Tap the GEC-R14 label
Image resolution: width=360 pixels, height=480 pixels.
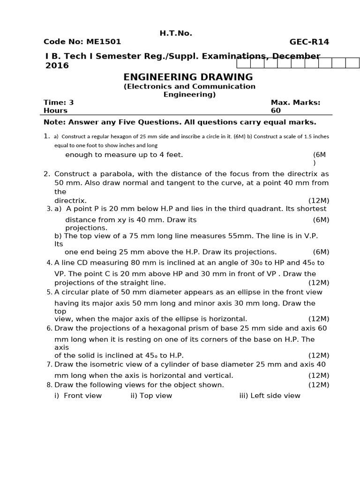(309, 42)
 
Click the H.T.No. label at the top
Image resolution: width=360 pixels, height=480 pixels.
(176, 33)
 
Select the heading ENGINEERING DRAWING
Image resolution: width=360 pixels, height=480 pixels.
(188, 77)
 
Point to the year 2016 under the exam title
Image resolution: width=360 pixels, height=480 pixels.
(57, 66)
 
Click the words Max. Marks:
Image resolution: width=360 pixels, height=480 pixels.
(295, 102)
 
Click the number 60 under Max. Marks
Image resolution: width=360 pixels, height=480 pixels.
(276, 111)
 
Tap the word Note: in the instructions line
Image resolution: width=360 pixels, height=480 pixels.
(55, 122)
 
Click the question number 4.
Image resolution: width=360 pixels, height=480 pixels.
(49, 263)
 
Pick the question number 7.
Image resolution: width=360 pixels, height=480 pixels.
(49, 365)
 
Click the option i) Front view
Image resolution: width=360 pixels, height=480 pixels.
(78, 396)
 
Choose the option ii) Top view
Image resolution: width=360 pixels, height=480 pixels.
(151, 396)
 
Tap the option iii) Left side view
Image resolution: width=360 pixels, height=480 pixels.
(270, 396)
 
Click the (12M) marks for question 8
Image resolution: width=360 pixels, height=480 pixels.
(318, 385)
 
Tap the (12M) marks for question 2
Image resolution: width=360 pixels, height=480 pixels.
(318, 200)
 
